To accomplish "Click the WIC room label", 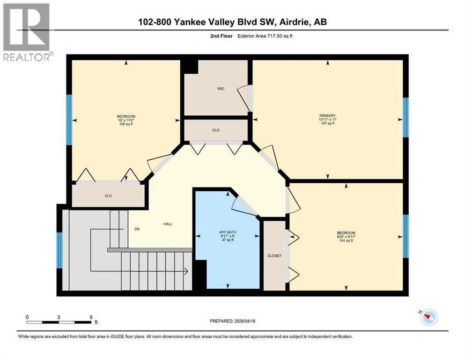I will click(221, 89).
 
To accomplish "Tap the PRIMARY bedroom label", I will click(327, 116).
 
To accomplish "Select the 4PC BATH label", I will click(228, 231).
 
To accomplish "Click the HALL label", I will click(168, 224).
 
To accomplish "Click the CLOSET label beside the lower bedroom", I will click(274, 256).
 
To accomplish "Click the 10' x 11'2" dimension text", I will click(126, 120).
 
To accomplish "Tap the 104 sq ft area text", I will click(346, 242).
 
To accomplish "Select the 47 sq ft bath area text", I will click(228, 240).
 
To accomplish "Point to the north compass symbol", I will click(428, 317).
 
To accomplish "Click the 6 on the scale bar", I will click(91, 317).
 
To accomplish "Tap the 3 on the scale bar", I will click(59, 317).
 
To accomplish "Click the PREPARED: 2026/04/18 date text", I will click(232, 321).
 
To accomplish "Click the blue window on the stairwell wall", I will click(59, 250).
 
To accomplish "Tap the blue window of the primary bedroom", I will click(406, 118).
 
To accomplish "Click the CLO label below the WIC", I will click(215, 130).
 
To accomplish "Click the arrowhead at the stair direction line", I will click(186, 271).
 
